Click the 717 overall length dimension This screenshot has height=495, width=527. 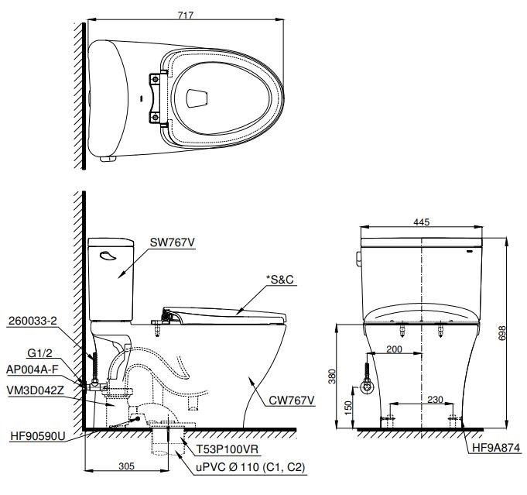pyautogui.click(x=184, y=13)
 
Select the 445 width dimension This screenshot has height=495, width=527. pyautogui.click(x=421, y=222)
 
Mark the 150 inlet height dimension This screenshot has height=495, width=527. pyautogui.click(x=348, y=406)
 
